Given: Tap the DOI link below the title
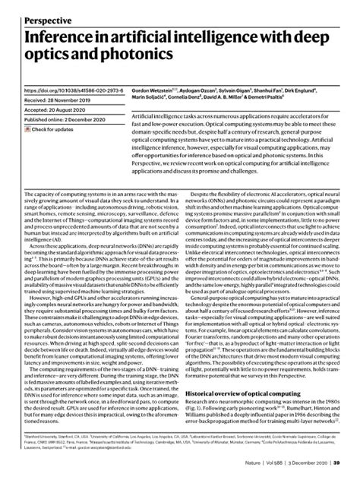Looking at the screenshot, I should click(68, 89).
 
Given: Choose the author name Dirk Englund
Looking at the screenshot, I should click(339, 89).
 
